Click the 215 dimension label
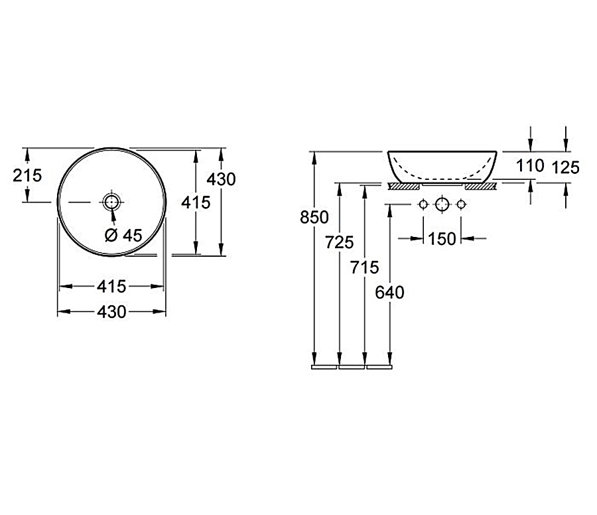[x=27, y=176]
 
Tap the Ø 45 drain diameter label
[x=123, y=236]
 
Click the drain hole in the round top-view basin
[x=111, y=202]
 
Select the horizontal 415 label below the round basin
[x=111, y=287]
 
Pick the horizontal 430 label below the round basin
[x=111, y=312]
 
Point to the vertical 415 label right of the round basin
[x=196, y=202]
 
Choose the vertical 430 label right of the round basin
[x=221, y=179]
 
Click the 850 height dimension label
[x=314, y=218]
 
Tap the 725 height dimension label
[x=339, y=242]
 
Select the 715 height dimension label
[x=364, y=267]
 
